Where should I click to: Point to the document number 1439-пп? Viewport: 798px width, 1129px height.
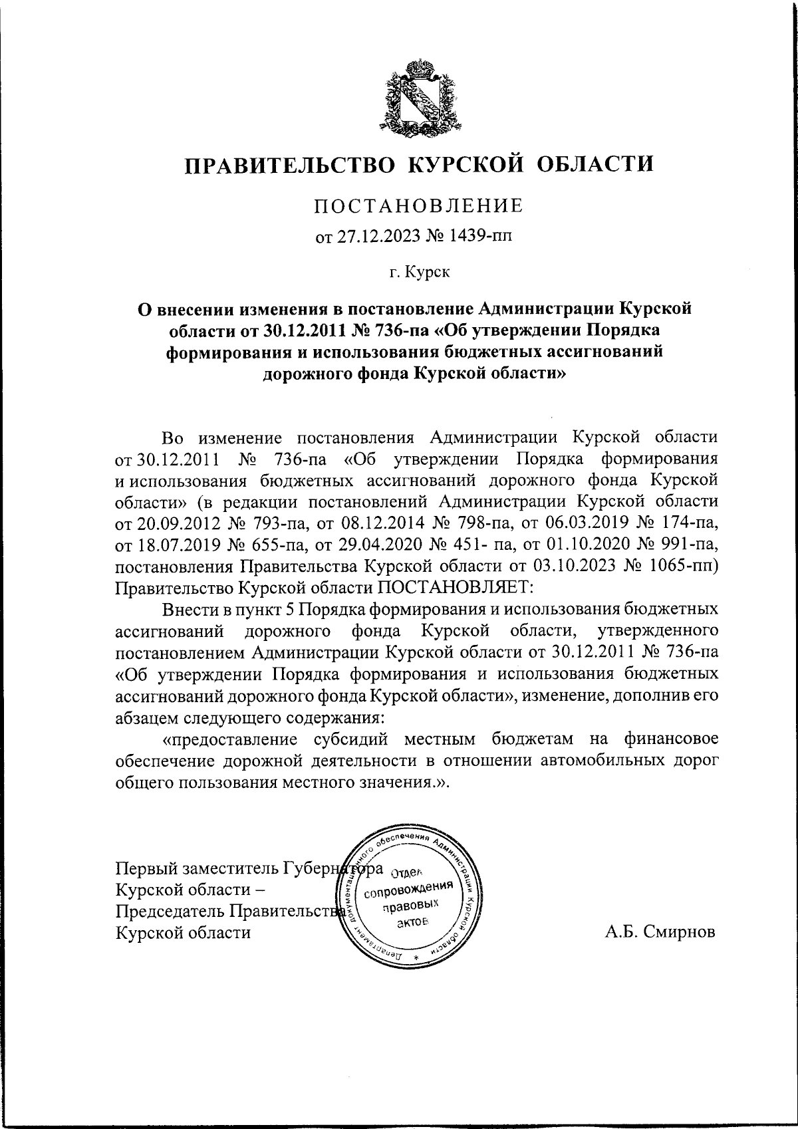tap(485, 237)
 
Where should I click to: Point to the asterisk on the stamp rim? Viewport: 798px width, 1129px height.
tap(417, 957)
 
